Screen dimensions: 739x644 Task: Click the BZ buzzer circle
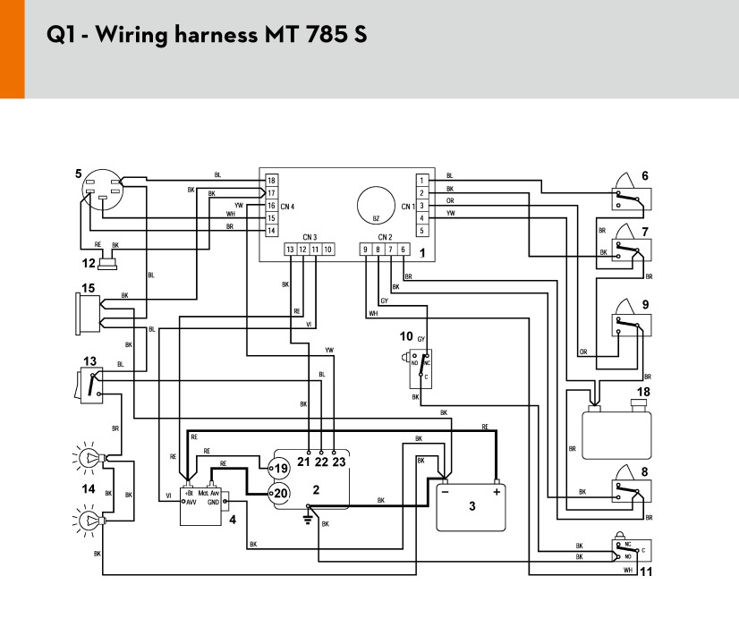click(376, 206)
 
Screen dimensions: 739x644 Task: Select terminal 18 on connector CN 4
click(271, 181)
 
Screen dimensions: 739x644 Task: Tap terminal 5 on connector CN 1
click(421, 231)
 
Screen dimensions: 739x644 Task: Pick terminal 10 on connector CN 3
click(328, 250)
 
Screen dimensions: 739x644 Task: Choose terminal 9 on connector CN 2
click(365, 250)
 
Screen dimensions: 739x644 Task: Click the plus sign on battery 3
click(497, 492)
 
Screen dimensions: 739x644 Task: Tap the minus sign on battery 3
click(445, 492)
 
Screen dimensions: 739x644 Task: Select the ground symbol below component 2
click(308, 519)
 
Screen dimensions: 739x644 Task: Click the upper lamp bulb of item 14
click(88, 457)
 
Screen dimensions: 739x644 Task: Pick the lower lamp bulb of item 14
click(88, 520)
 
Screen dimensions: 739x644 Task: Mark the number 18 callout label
click(643, 392)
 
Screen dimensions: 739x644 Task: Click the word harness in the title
click(216, 34)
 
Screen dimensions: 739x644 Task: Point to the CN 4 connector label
click(287, 207)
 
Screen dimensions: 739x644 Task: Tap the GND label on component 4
click(213, 503)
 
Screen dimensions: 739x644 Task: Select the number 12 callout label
click(89, 263)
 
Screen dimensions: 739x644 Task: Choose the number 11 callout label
click(646, 572)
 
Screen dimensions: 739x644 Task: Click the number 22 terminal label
click(321, 462)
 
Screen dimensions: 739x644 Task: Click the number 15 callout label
click(89, 288)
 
